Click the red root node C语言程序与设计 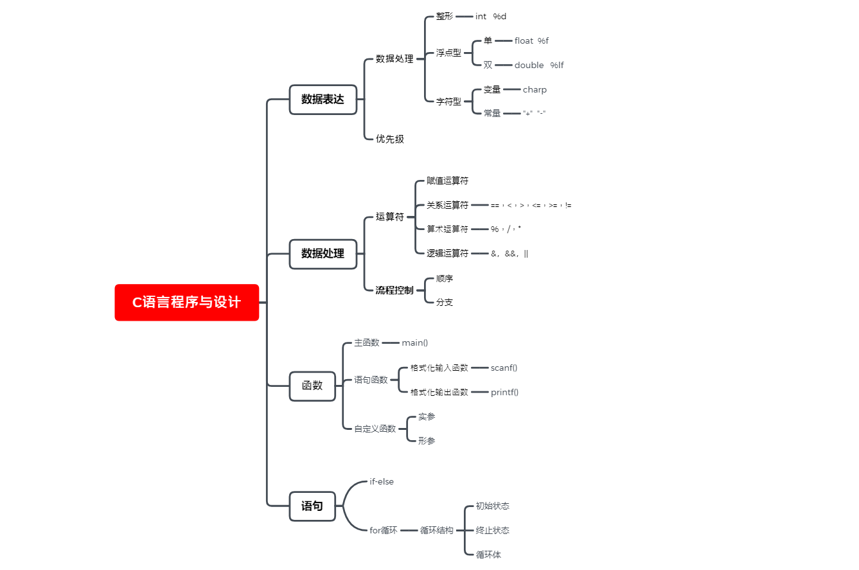pos(187,302)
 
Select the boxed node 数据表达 pos(323,100)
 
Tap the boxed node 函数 pos(312,386)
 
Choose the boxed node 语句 pos(312,506)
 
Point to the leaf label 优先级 pos(389,139)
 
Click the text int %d pos(490,17)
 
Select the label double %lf pos(539,65)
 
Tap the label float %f pos(531,40)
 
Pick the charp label pos(535,90)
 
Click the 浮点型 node pos(448,53)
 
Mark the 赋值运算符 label pos(447,181)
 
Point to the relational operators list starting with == pos(531,206)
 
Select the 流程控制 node pos(394,290)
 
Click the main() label pos(414,343)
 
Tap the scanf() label pos(504,368)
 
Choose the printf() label pos(504,393)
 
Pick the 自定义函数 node pos(375,429)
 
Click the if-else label pos(381,481)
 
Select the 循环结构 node pos(436,531)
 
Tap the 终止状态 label pos(492,531)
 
